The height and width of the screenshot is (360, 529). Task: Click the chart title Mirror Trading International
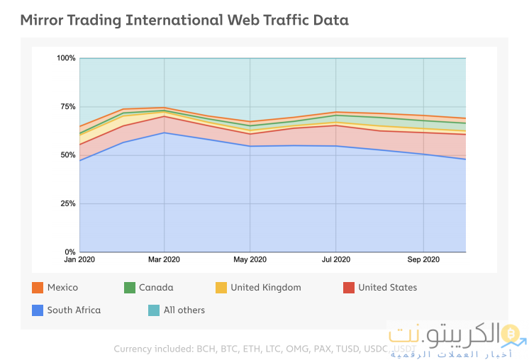pyautogui.click(x=184, y=20)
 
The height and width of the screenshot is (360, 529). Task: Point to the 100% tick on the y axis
pyautogui.click(x=66, y=58)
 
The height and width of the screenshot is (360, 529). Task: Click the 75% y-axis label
pyautogui.click(x=67, y=106)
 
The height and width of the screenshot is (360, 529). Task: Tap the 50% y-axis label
pyautogui.click(x=67, y=155)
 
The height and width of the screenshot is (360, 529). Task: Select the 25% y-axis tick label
pyautogui.click(x=67, y=203)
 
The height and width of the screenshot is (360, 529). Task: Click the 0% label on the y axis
pyautogui.click(x=69, y=252)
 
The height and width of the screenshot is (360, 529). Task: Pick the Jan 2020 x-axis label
pyautogui.click(x=79, y=260)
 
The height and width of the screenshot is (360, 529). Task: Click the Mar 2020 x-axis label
pyautogui.click(x=164, y=260)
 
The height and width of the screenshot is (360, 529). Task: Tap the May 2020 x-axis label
pyautogui.click(x=250, y=260)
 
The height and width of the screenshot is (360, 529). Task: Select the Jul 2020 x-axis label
pyautogui.click(x=335, y=260)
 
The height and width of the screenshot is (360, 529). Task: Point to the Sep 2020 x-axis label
pyautogui.click(x=423, y=260)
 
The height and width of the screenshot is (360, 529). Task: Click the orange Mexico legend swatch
pyautogui.click(x=38, y=288)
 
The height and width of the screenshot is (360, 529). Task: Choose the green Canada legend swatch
pyautogui.click(x=130, y=288)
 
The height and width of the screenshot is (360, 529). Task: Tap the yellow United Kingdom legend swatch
pyautogui.click(x=221, y=288)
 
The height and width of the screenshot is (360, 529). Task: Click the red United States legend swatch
pyautogui.click(x=348, y=288)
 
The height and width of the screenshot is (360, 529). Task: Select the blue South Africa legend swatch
pyautogui.click(x=38, y=310)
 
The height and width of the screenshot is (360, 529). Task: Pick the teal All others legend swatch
pyautogui.click(x=154, y=310)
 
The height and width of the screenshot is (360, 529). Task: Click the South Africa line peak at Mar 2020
pyautogui.click(x=165, y=133)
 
